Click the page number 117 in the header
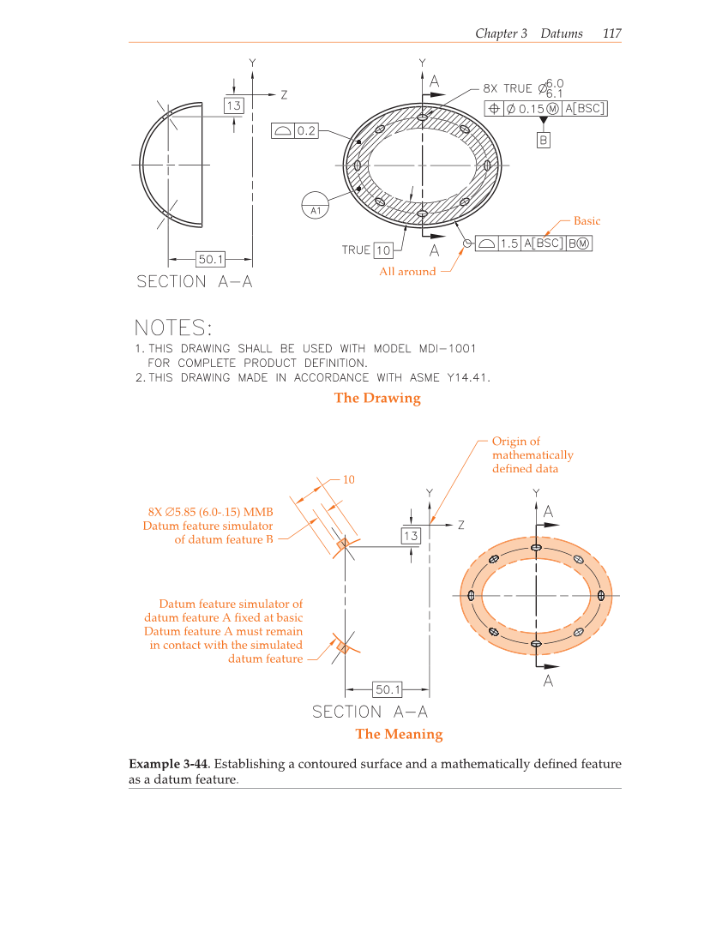[611, 33]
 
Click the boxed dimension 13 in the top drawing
[233, 105]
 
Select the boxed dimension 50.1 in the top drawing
[211, 258]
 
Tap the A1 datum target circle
[316, 207]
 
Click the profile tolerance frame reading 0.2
[295, 130]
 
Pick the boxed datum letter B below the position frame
[543, 140]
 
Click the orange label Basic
[587, 221]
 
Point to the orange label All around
[407, 272]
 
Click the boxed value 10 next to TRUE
[382, 250]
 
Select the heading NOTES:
[172, 328]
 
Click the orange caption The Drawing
[377, 398]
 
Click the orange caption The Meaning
[399, 734]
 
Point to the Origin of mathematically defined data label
[532, 455]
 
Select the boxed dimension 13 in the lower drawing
[411, 536]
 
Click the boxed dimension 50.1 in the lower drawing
[388, 688]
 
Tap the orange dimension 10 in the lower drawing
[348, 479]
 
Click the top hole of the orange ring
[536, 547]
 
